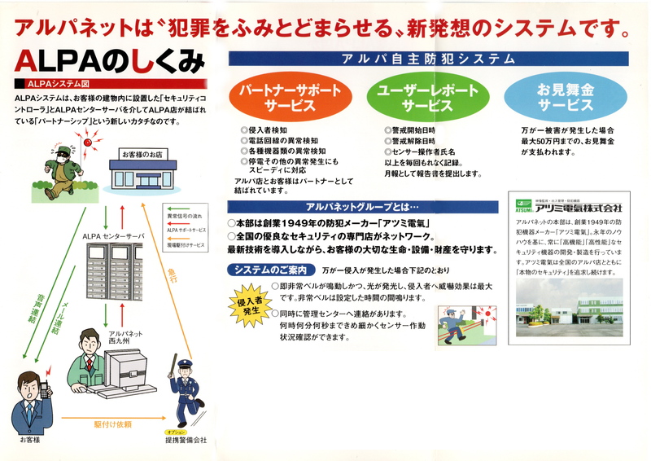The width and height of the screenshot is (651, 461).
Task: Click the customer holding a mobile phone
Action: (31, 399)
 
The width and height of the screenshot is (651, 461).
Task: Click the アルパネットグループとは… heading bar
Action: (363, 207)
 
